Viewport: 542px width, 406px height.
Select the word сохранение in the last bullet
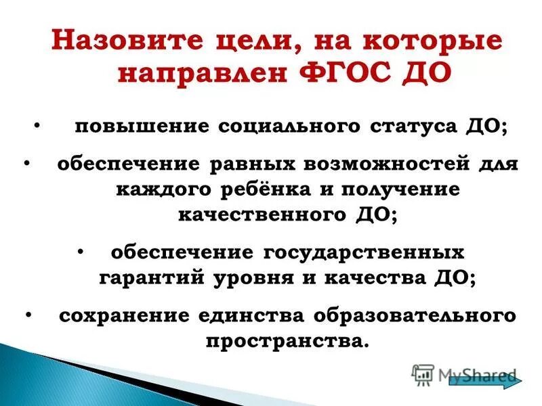click(x=123, y=315)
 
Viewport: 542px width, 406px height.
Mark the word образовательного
click(x=414, y=315)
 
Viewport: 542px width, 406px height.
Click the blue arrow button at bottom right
click(x=482, y=380)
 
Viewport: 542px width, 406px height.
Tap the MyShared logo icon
click(x=423, y=375)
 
